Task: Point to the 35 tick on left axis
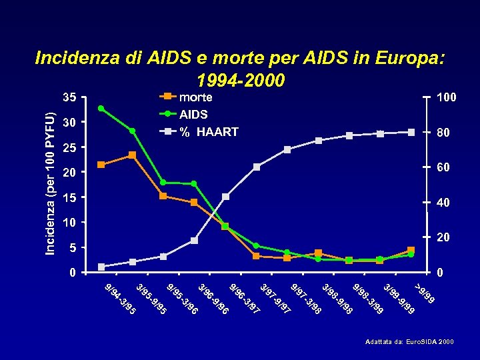[x=69, y=97]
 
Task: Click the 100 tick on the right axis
[x=446, y=97]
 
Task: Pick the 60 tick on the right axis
[x=443, y=167]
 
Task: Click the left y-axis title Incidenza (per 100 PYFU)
[x=51, y=176]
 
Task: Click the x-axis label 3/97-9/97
[x=275, y=299]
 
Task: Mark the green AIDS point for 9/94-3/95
[x=101, y=108]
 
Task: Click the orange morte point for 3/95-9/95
[x=132, y=155]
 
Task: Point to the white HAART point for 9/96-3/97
[x=225, y=197]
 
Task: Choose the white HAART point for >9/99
[x=411, y=132]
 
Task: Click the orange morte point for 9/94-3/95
[x=101, y=165]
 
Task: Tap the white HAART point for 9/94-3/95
[x=101, y=267]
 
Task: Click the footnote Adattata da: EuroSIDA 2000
[x=409, y=342]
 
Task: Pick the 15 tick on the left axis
[x=69, y=198]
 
